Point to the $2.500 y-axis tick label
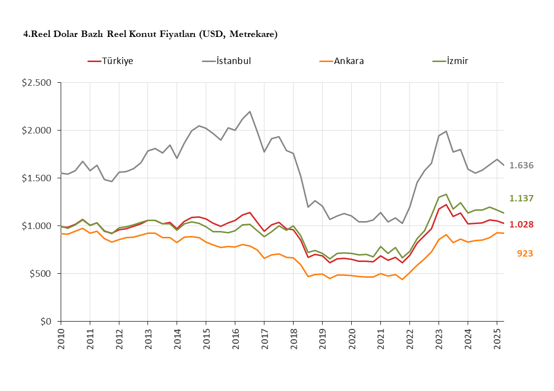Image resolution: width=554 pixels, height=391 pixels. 37,83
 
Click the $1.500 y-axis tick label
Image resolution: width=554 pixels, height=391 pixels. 37,178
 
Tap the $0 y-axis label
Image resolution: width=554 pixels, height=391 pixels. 46,322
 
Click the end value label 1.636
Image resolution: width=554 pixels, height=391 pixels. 521,165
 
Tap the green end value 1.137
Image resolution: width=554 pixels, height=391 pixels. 521,198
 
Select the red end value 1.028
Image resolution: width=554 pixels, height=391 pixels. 521,225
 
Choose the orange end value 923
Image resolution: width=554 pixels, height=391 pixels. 525,254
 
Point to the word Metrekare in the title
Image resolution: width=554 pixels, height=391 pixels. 254,34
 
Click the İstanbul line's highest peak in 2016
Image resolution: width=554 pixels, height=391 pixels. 250,112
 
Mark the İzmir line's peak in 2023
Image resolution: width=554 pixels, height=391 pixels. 446,194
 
